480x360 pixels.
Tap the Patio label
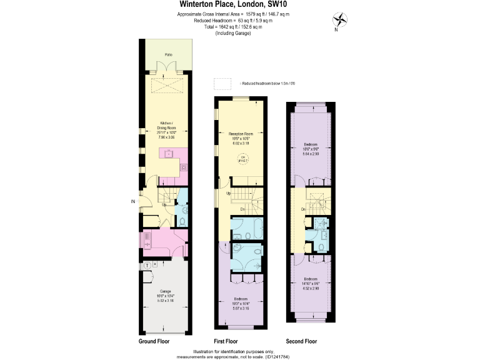tap(168, 55)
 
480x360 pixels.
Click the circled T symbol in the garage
tap(147, 266)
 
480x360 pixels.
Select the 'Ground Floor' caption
tap(154, 342)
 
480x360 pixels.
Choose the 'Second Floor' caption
tap(301, 342)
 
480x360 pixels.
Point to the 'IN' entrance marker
tap(133, 201)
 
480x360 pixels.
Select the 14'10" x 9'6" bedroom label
tap(311, 282)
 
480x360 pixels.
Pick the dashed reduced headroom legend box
tap(222, 83)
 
